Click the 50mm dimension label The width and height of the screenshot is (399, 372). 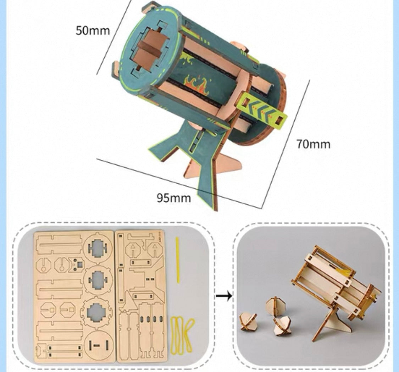click(93, 31)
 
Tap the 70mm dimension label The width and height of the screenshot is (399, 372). click(314, 144)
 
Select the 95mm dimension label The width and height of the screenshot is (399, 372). click(173, 198)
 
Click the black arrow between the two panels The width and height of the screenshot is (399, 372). click(224, 296)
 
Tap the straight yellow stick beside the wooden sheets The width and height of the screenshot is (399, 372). click(177, 260)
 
